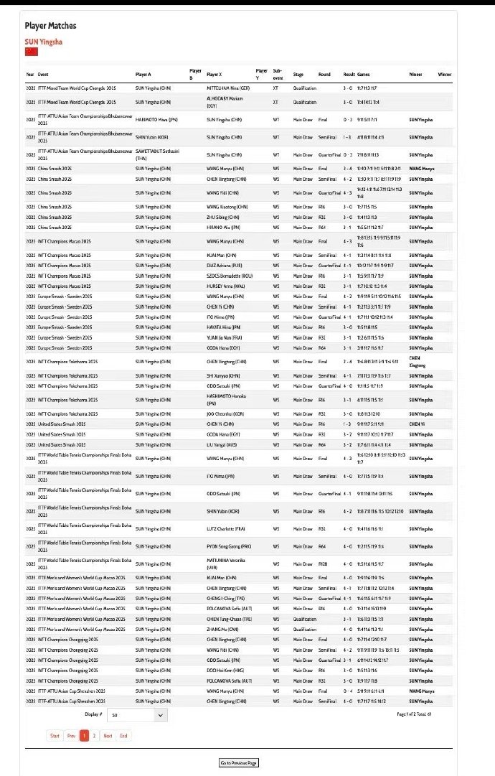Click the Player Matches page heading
click(50, 26)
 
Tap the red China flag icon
click(32, 52)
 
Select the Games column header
click(364, 74)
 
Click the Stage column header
click(298, 74)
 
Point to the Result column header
click(349, 74)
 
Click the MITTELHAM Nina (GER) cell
click(229, 88)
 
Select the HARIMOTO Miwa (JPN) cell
click(154, 120)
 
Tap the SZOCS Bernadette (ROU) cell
click(231, 275)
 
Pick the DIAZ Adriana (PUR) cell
click(226, 265)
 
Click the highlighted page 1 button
click(84, 735)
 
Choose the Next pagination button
click(107, 735)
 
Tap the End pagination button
click(123, 735)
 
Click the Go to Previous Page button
click(238, 762)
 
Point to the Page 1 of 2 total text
click(414, 714)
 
